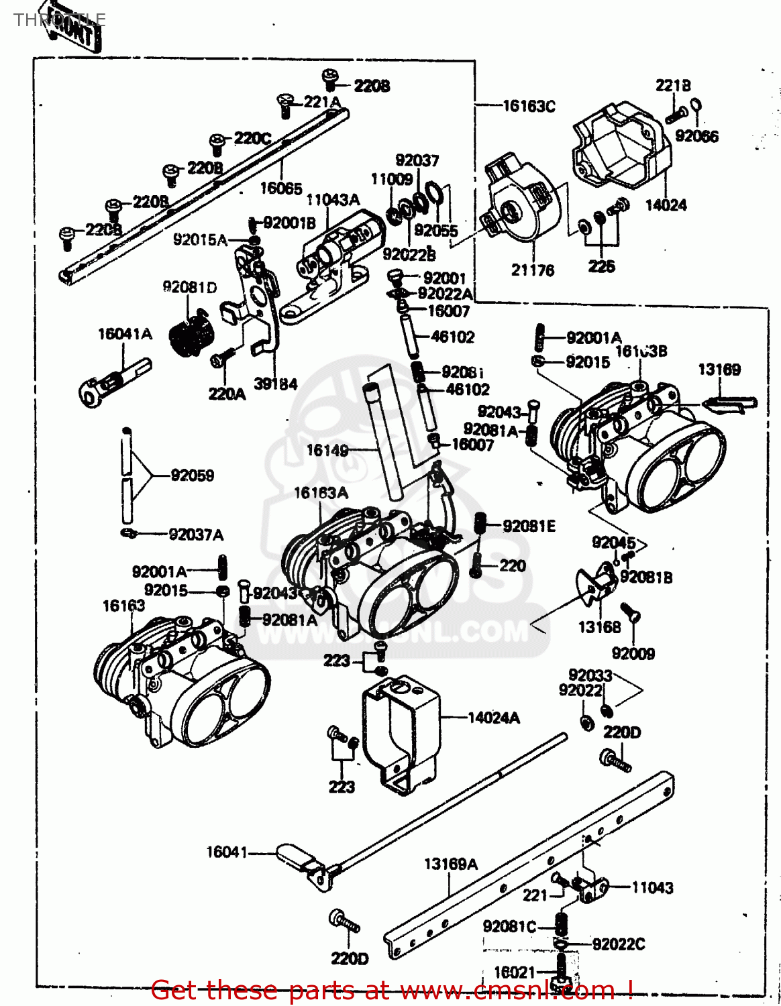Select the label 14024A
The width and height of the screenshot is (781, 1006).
point(493,718)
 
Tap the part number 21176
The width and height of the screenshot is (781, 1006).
point(533,270)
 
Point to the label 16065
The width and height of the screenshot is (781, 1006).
point(281,188)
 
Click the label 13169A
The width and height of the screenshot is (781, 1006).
point(450,864)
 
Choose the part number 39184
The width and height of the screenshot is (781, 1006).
point(276,384)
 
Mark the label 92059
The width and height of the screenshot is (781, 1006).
point(193,476)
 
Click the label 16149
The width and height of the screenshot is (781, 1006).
point(327,450)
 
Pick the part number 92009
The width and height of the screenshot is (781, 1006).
point(633,653)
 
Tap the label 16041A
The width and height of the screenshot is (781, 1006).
point(125,334)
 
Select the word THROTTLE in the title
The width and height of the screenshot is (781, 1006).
point(59,19)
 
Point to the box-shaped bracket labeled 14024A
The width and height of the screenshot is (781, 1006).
point(401,731)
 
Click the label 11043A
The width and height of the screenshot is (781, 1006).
point(333,200)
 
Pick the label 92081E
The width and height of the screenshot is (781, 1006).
point(529,526)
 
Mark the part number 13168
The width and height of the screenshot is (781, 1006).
point(599,627)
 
